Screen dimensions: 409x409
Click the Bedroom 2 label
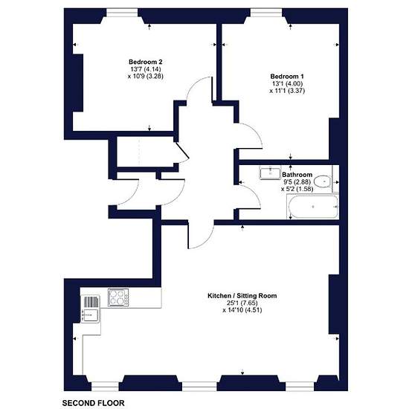coord(146,62)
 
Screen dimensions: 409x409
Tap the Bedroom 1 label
coord(287,77)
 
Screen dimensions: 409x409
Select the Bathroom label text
coord(297,175)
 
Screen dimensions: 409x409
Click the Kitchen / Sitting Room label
coord(242,295)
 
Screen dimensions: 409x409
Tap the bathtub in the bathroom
coord(313,207)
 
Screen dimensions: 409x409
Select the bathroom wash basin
coord(270,173)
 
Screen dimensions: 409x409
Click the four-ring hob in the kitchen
coord(118,297)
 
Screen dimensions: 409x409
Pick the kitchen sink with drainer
coord(90,309)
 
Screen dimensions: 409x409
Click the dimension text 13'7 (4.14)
coord(146,69)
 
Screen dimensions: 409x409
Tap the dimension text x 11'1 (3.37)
coord(287,91)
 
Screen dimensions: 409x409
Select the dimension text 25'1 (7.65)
coord(242,303)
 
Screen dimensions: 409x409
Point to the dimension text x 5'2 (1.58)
coord(297,189)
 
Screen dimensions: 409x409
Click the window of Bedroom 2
coord(122,12)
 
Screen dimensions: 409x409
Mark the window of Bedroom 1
coord(266,12)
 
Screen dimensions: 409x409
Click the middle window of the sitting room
coord(199,386)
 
